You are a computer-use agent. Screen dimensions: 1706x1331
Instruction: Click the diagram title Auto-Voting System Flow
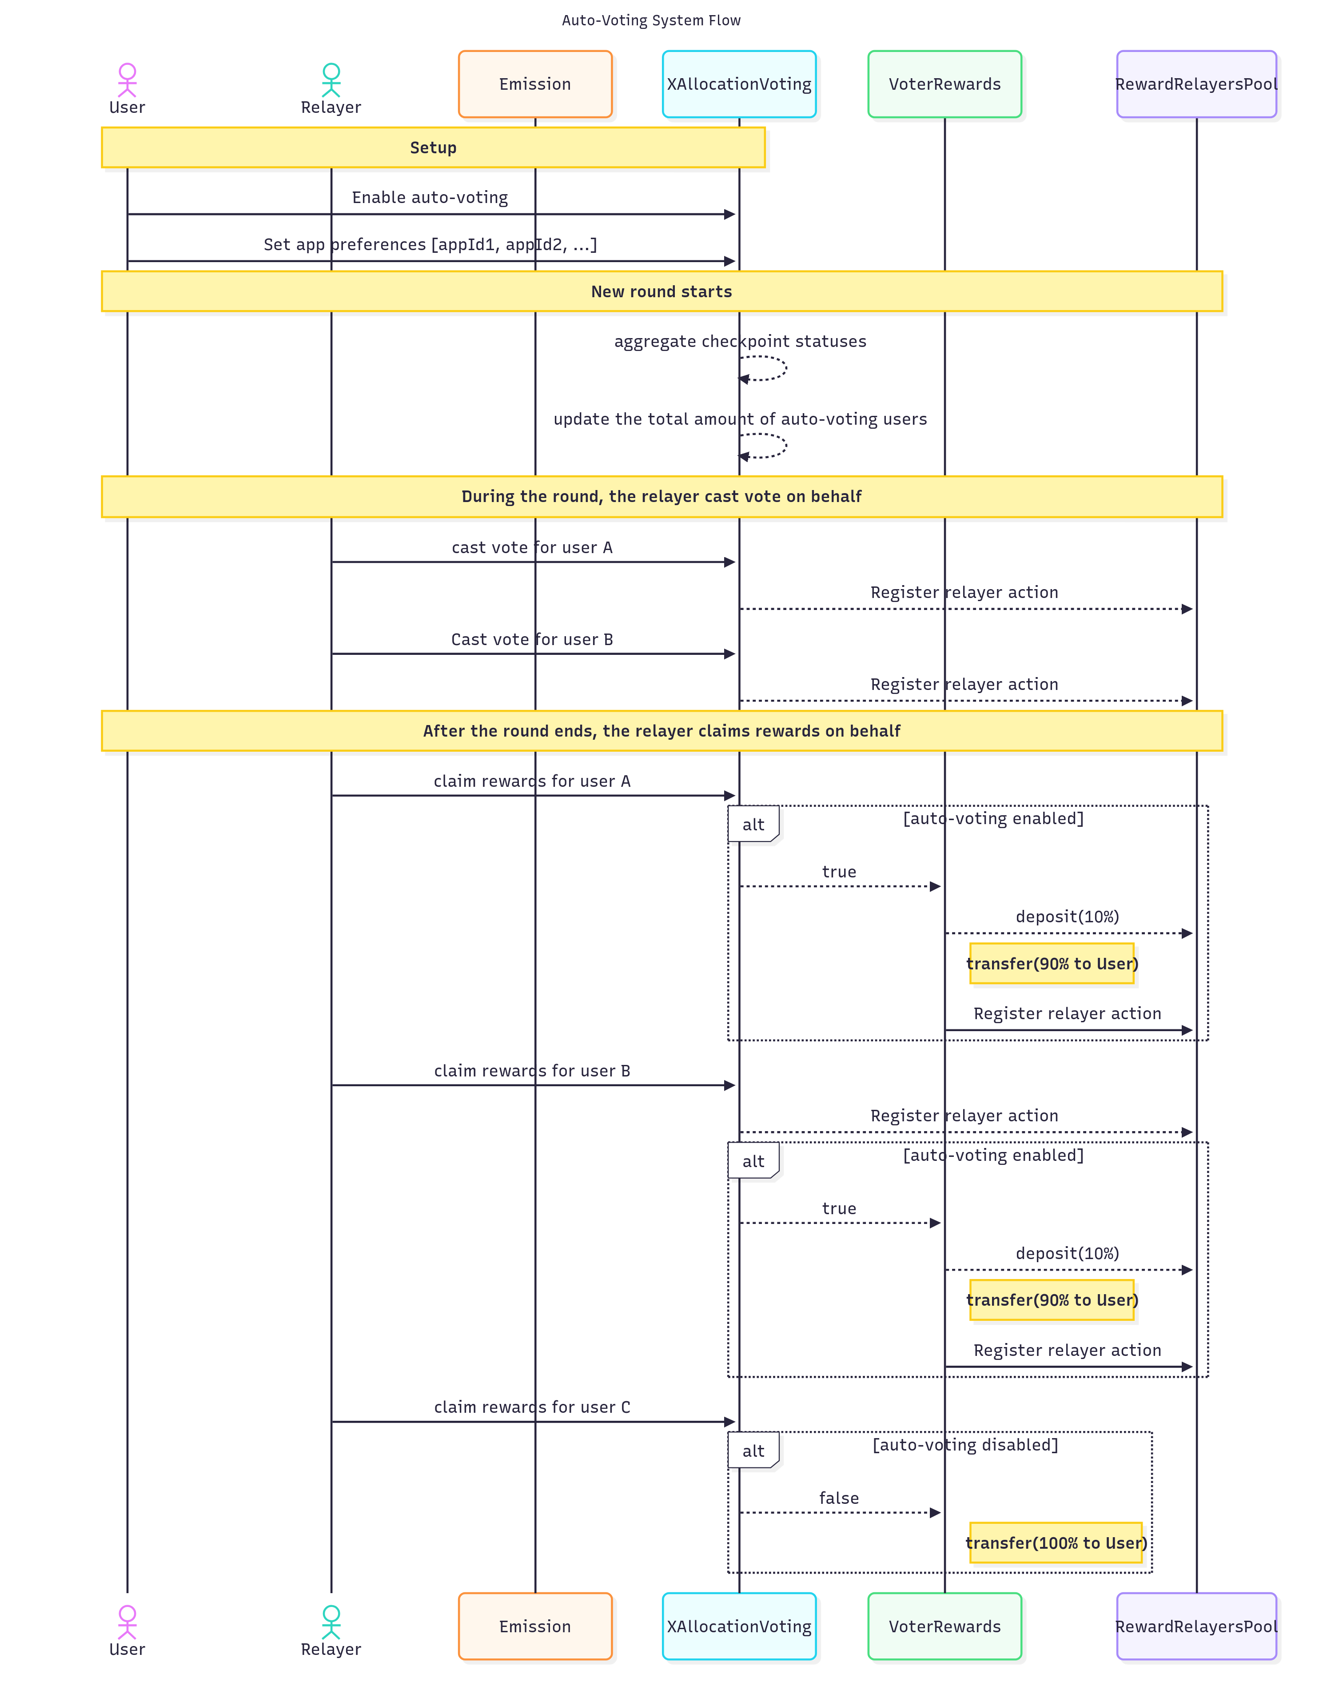pyautogui.click(x=651, y=20)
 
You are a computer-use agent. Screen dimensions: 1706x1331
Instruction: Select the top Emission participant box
pyautogui.click(x=535, y=84)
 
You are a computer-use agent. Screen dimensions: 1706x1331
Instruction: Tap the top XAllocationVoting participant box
pyautogui.click(x=739, y=84)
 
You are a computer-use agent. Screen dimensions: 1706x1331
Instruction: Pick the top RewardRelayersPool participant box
pyautogui.click(x=1196, y=84)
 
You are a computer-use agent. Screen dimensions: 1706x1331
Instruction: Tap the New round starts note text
pyautogui.click(x=662, y=291)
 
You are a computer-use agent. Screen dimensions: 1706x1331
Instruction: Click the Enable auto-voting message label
pyautogui.click(x=430, y=198)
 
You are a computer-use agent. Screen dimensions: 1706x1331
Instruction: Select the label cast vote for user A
pyautogui.click(x=532, y=548)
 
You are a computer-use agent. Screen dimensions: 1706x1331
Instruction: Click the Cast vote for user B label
pyautogui.click(x=532, y=640)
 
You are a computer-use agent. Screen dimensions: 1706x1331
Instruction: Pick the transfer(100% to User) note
pyautogui.click(x=1055, y=1543)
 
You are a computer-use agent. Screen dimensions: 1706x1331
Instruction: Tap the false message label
pyautogui.click(x=839, y=1498)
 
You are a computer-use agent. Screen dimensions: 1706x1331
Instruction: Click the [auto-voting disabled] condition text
pyautogui.click(x=965, y=1445)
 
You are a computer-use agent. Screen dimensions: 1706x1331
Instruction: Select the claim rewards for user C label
pyautogui.click(x=532, y=1407)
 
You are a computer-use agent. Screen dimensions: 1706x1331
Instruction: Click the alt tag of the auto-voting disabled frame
pyautogui.click(x=753, y=1451)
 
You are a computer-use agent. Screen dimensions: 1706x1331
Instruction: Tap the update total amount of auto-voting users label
pyautogui.click(x=740, y=419)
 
